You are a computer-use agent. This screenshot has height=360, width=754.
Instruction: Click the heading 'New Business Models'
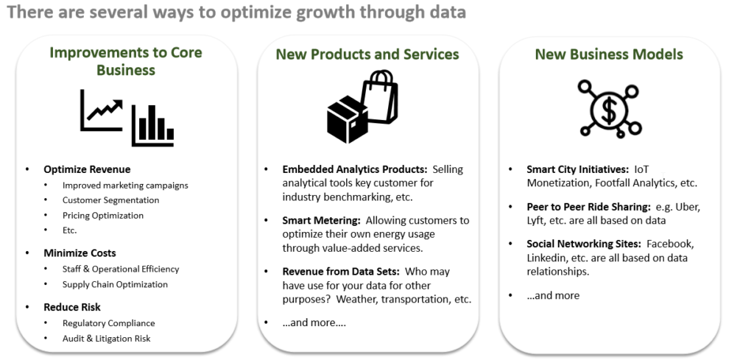pos(609,54)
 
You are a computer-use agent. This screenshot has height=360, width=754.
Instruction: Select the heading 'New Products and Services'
pos(367,54)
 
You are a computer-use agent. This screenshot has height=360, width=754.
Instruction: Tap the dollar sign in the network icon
pos(609,110)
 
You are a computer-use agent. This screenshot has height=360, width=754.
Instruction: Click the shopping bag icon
pos(380,96)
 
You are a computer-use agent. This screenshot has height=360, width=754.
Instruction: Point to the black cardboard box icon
pos(348,119)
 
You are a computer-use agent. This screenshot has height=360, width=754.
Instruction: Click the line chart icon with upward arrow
pos(102,110)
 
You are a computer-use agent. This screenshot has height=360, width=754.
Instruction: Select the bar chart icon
pos(153,125)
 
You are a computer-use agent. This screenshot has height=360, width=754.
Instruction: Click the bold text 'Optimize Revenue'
pos(87,169)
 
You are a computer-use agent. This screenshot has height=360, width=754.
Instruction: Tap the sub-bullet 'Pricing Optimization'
pos(103,215)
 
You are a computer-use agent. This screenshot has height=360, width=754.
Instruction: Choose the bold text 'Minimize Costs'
pos(80,253)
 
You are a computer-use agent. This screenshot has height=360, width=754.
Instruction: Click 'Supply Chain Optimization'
pos(115,284)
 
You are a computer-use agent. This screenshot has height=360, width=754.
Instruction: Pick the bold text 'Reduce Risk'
pos(72,307)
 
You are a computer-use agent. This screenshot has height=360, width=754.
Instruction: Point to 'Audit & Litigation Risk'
pos(106,339)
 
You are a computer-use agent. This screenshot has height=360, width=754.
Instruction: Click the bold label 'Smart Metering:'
pos(322,221)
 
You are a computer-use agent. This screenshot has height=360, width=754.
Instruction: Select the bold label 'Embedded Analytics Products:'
pos(355,169)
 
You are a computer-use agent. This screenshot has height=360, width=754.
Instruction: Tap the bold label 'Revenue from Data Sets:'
pos(341,272)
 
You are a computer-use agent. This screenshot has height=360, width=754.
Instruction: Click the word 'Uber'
pos(688,207)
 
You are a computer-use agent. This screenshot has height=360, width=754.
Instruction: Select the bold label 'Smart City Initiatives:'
pos(578,169)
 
